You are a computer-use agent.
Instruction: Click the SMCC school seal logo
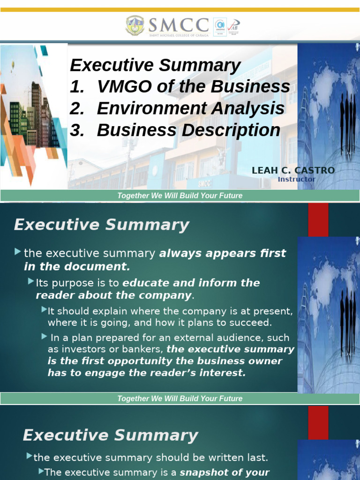point(135,26)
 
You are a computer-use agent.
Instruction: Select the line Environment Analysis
point(190,108)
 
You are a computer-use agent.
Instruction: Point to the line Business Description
point(188,130)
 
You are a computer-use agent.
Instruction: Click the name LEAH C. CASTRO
point(293,171)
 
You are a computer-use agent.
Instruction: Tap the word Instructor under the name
point(297,179)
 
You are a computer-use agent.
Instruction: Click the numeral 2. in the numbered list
point(76,108)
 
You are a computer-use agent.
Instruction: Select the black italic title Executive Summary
point(155,65)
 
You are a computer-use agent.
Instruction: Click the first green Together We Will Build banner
point(180,195)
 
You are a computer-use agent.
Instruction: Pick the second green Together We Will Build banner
point(180,398)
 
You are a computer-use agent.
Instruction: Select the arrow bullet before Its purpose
point(31,282)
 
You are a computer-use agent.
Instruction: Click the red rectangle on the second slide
point(318,220)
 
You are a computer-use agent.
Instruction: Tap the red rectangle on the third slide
point(318,422)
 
